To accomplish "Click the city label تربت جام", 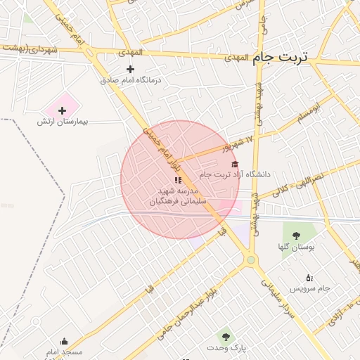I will pyautogui.click(x=280, y=58).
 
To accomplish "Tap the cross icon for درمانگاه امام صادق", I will pyautogui.click(x=130, y=69).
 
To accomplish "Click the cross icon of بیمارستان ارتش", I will pyautogui.click(x=63, y=110).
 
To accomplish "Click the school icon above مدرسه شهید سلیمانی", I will pyautogui.click(x=178, y=181).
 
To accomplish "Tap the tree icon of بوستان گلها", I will pyautogui.click(x=295, y=236).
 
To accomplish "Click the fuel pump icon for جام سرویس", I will pyautogui.click(x=310, y=278).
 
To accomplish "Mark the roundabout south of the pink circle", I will pyautogui.click(x=250, y=260).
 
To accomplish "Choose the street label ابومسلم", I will pyautogui.click(x=307, y=113).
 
